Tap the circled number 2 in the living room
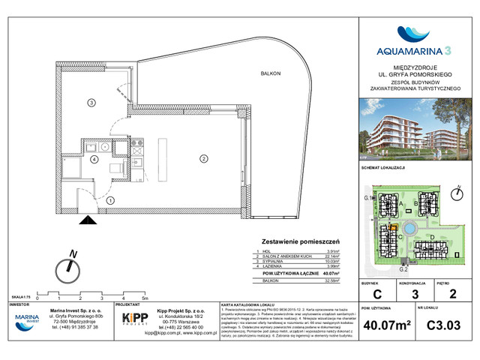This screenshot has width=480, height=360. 202,158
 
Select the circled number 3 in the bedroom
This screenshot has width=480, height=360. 90,102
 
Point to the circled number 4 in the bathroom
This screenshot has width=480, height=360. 94,159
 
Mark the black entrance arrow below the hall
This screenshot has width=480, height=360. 88,220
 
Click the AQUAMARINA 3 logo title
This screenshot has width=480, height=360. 414,51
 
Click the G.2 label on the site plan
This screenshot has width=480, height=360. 402,268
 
